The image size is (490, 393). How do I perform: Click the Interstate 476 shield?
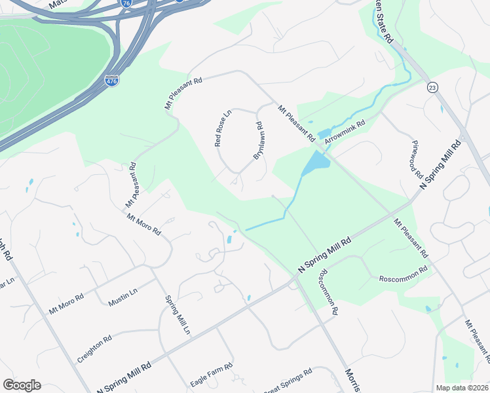(x=111, y=81)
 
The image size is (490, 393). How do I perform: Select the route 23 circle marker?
(x=433, y=87)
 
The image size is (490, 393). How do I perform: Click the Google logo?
(x=22, y=385)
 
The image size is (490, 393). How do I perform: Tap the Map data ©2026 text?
(x=462, y=388)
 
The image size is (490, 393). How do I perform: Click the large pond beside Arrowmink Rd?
(x=316, y=161)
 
